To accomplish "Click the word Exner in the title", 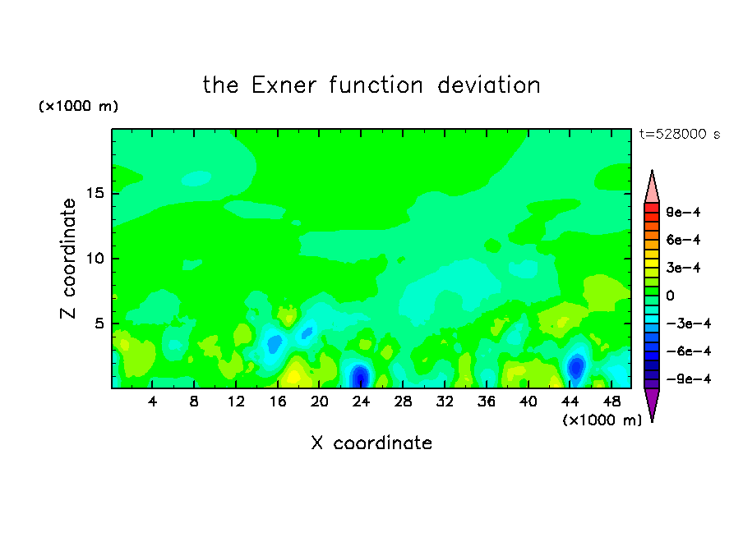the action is (x=284, y=85).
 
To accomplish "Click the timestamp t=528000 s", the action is (x=680, y=134).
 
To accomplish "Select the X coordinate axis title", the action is (x=371, y=443).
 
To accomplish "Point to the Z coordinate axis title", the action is (x=68, y=259).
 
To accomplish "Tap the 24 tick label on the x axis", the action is (x=361, y=402).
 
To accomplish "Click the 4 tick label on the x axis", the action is (x=152, y=402).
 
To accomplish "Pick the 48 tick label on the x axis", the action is (x=611, y=402).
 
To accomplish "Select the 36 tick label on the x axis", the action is (x=487, y=402).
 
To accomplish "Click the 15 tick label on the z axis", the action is (x=95, y=193).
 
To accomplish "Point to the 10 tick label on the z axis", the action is (x=95, y=259).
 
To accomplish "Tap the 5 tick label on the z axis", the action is (x=99, y=324).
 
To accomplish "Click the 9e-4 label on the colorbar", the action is (x=683, y=212).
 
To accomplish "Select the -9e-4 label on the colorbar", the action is (x=689, y=379).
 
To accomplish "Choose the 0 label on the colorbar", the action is (x=670, y=296).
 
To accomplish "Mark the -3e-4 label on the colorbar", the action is (x=689, y=324).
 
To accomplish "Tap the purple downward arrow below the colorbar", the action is (x=652, y=403).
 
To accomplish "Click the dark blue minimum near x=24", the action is (x=360, y=376).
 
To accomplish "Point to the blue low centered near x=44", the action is (x=576, y=366).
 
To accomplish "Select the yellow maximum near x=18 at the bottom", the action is (x=293, y=376).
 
